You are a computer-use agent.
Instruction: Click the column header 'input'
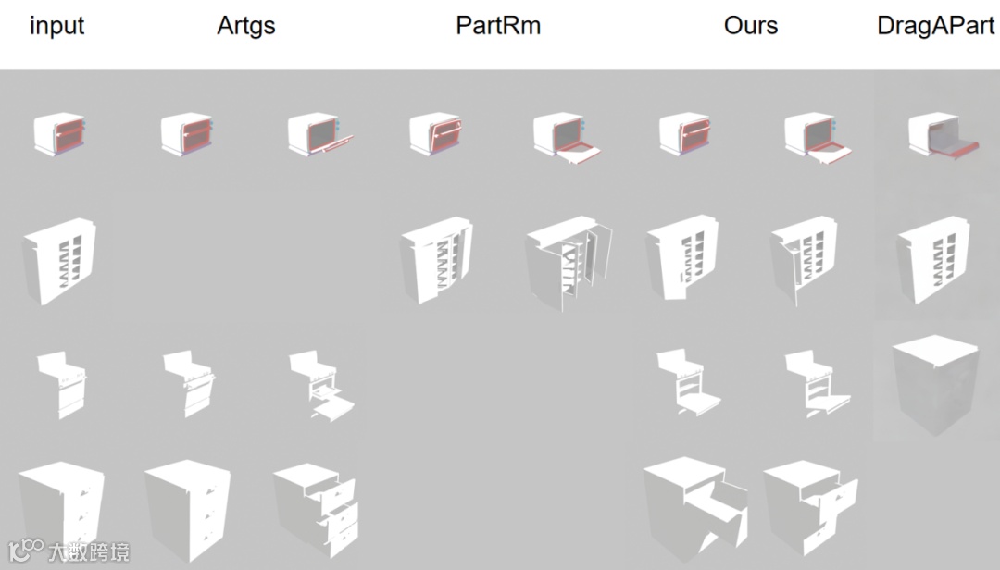pyautogui.click(x=56, y=26)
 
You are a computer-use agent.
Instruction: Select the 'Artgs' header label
pyautogui.click(x=246, y=26)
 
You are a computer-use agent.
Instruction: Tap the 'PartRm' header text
pyautogui.click(x=498, y=26)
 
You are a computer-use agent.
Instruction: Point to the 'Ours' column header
pyautogui.click(x=751, y=26)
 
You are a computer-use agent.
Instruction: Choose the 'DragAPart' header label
pyautogui.click(x=936, y=26)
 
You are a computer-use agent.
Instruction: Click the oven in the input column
pyautogui.click(x=59, y=133)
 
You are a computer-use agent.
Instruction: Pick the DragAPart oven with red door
pyautogui.click(x=941, y=138)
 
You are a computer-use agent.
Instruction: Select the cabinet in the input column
pyautogui.click(x=59, y=260)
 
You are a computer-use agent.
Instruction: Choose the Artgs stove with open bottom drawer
pyautogui.click(x=321, y=387)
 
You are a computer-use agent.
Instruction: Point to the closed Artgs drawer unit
pyautogui.click(x=187, y=508)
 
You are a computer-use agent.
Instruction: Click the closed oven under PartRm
pyautogui.click(x=435, y=134)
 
